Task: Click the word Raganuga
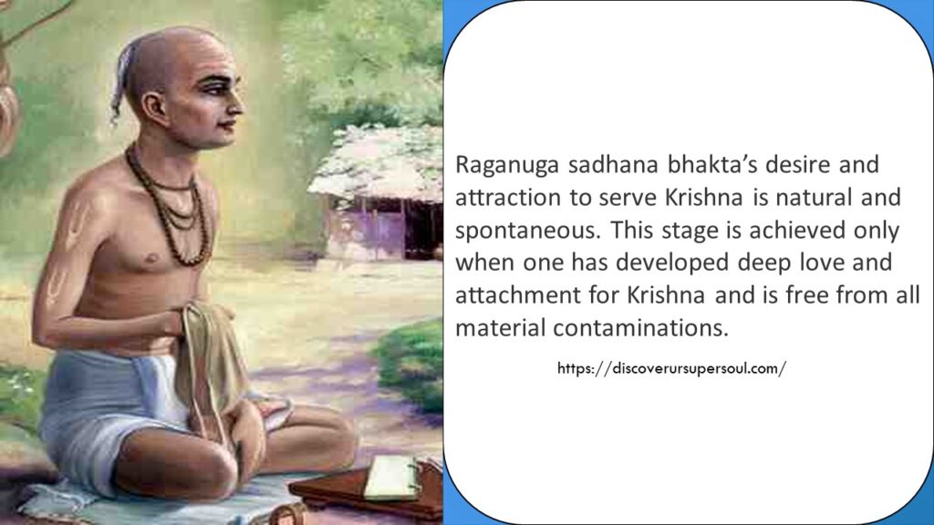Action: (x=498, y=166)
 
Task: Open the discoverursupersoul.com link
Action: (x=671, y=369)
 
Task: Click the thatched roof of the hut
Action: (x=374, y=164)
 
